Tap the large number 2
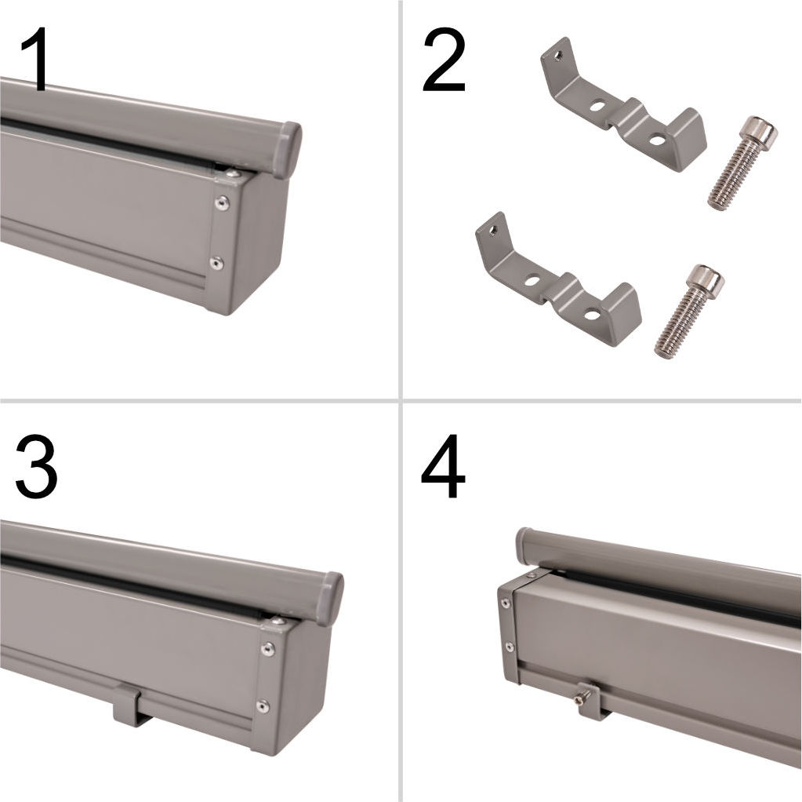tap(444, 60)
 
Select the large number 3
tap(36, 466)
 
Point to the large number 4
tap(443, 466)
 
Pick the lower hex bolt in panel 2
tap(689, 310)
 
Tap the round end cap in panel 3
tap(329, 599)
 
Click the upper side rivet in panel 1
tap(221, 203)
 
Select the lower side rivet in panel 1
tap(217, 263)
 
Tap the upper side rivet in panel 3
tap(267, 649)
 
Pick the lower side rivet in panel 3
tap(263, 706)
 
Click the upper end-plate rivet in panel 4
tap(506, 603)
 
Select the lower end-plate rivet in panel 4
tap(510, 647)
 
